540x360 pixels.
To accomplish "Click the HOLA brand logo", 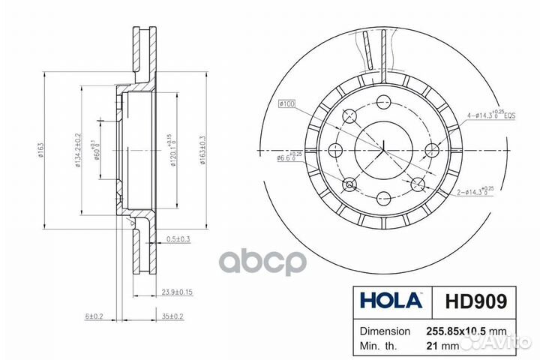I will pos(391,301).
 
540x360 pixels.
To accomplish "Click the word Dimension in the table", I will pos(385,331).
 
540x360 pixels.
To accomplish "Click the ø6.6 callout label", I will pos(289,157).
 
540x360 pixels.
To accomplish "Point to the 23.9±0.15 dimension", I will pos(177,292).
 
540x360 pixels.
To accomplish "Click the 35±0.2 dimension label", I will pos(173,317).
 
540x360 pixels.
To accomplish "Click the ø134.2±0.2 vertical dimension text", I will pos(78,150).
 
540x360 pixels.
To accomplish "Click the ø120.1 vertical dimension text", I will pos(172,150).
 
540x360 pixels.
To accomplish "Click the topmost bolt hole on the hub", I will pos(383,102).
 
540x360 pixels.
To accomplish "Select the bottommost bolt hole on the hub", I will pos(383,198).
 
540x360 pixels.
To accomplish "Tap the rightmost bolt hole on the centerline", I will pos(431,150).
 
